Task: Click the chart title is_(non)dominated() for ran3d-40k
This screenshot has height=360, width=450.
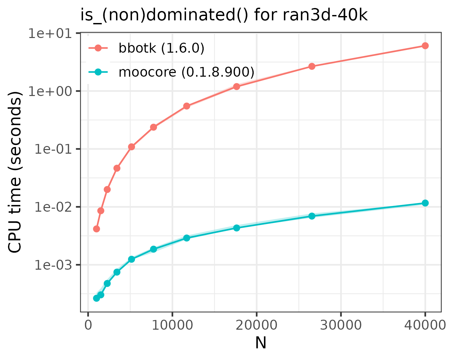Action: (x=224, y=15)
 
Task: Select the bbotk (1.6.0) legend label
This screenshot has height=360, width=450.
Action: (x=161, y=48)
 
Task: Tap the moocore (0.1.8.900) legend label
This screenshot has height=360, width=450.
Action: (x=186, y=72)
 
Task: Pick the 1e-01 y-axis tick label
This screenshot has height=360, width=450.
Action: (x=52, y=149)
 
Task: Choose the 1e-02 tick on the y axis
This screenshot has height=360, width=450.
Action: (x=52, y=207)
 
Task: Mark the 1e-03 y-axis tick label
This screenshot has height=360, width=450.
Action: (x=52, y=265)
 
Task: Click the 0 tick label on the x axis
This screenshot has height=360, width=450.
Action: (x=88, y=325)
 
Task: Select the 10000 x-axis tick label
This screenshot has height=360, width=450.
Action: (x=172, y=325)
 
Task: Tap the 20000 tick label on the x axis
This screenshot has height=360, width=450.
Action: (x=256, y=325)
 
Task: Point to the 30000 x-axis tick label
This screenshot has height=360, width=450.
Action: (x=341, y=325)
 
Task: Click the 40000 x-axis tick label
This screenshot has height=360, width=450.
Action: (x=425, y=325)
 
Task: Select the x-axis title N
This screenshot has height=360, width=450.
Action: (x=261, y=343)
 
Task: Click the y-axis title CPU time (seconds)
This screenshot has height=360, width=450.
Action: (x=15, y=172)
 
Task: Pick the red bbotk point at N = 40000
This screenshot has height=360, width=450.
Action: (x=425, y=46)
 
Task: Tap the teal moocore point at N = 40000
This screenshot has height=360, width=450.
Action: (x=425, y=203)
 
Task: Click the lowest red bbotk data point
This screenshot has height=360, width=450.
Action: (x=97, y=229)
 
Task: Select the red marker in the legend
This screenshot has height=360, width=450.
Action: (x=98, y=48)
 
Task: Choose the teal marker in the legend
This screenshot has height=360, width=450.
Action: (x=98, y=72)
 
